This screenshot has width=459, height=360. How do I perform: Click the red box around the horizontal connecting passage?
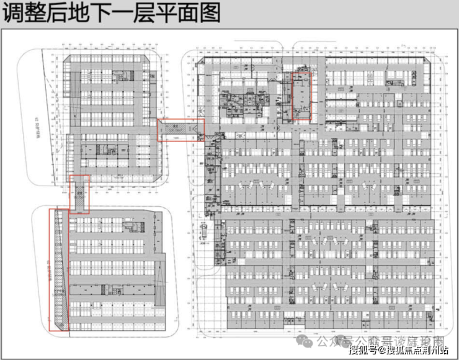coord(180,130)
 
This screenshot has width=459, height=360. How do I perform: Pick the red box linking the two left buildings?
coord(79,194)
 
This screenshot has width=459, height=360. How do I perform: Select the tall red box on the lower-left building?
coord(59,270)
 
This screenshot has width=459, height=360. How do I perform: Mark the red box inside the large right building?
coord(301,96)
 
